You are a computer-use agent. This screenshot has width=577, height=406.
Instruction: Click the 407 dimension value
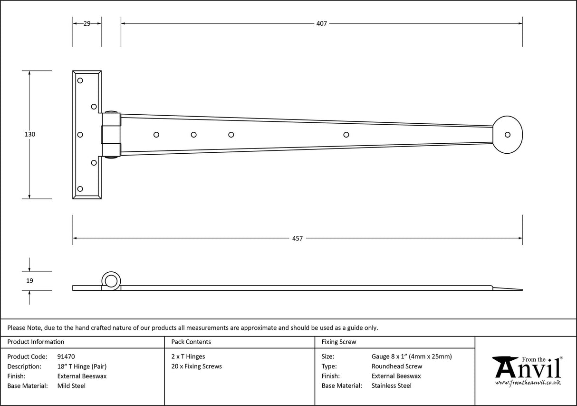click(x=321, y=23)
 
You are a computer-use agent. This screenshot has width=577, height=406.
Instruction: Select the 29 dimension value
click(x=87, y=23)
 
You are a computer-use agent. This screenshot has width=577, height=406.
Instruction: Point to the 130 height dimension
click(x=29, y=134)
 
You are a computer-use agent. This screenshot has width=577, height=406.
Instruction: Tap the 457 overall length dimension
click(x=297, y=238)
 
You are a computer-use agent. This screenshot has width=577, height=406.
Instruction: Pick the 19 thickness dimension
click(x=29, y=281)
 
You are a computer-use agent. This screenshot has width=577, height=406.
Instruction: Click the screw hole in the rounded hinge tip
click(x=508, y=135)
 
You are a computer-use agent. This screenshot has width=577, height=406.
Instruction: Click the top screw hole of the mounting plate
click(x=80, y=80)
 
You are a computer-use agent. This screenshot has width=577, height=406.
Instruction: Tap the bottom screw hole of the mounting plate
click(x=80, y=189)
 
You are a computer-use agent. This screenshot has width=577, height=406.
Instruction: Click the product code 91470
click(x=66, y=356)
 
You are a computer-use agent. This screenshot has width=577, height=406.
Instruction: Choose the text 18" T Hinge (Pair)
click(x=81, y=366)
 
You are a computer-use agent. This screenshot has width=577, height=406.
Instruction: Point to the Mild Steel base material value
click(x=71, y=386)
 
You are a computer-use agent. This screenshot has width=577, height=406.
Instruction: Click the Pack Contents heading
click(x=191, y=342)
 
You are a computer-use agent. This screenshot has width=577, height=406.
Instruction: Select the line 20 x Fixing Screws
click(x=196, y=366)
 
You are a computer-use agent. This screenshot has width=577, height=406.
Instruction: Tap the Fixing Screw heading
click(x=338, y=342)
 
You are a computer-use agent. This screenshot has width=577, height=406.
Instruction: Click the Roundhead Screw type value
click(x=396, y=366)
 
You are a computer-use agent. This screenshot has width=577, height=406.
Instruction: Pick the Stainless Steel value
click(x=391, y=386)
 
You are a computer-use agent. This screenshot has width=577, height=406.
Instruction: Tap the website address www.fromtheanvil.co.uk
click(x=528, y=382)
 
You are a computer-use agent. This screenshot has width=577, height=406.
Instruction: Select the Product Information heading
click(x=36, y=342)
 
